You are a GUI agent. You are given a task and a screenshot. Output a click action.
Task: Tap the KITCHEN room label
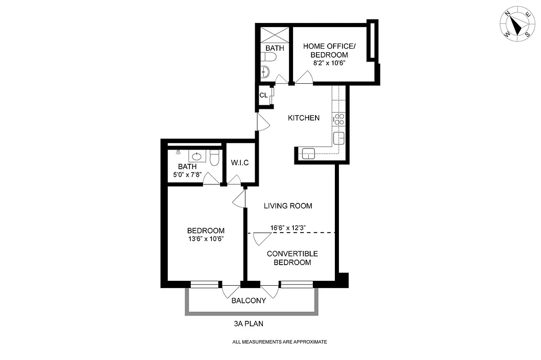[x=304, y=118]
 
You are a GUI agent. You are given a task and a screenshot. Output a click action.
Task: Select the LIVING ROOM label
[x=288, y=206]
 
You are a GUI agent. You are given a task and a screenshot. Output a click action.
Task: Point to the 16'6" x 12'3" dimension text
[x=288, y=228]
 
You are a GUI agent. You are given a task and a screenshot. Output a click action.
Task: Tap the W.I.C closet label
[x=239, y=162]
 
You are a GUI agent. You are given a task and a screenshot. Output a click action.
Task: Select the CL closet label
[x=263, y=95]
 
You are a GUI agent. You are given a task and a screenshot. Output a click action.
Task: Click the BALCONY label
[x=248, y=301]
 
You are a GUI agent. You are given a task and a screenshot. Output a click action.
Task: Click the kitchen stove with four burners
[x=339, y=119]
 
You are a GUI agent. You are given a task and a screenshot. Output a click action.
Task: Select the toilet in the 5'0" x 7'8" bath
[x=214, y=157]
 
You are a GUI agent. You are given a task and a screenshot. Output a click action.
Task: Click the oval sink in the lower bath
[x=197, y=156]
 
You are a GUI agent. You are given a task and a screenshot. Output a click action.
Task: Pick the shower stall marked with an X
[x=274, y=35]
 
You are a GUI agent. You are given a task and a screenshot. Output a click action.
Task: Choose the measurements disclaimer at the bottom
[x=280, y=342]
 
